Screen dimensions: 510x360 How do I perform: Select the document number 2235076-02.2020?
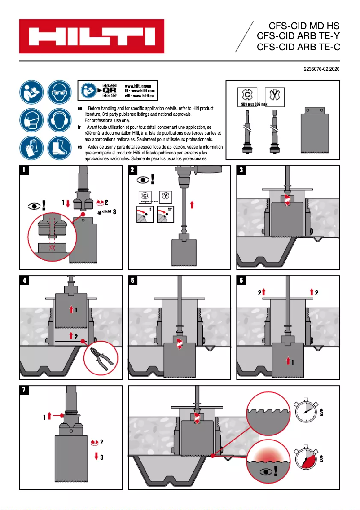coord(321,70)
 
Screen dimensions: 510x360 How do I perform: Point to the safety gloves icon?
coord(31,148)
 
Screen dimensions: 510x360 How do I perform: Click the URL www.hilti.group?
coord(138,86)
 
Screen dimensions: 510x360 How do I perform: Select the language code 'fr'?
coord(80,127)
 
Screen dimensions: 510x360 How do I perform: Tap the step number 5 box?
coord(133,281)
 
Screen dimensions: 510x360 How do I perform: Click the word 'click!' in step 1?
coord(106,211)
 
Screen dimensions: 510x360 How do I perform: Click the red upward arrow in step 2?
coord(192,205)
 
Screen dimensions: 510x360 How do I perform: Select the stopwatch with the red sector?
coord(307,458)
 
